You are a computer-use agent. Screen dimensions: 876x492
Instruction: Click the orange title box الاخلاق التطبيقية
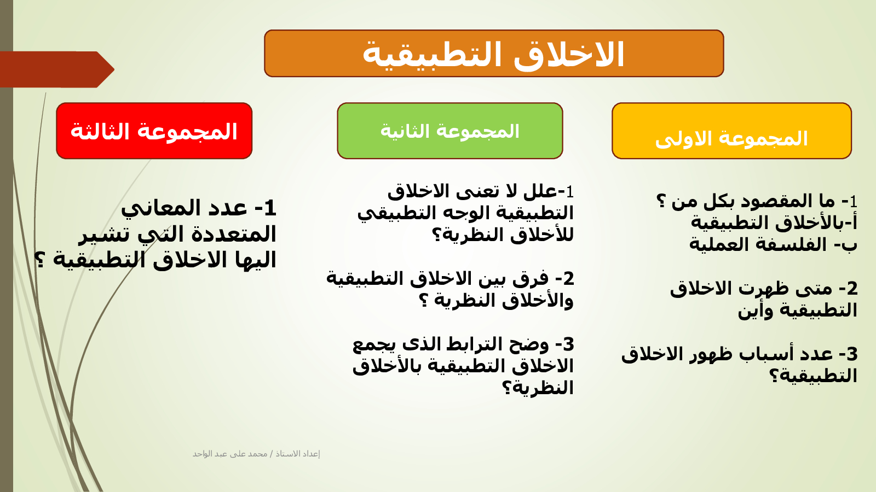point(494,53)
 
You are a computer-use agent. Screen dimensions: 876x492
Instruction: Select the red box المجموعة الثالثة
point(154,131)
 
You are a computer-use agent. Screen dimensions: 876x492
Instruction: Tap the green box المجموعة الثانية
point(449,131)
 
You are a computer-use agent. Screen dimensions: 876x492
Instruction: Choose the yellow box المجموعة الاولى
point(731,131)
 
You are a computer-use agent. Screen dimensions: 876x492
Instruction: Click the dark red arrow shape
point(57,69)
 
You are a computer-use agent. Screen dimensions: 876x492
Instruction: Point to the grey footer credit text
point(256,454)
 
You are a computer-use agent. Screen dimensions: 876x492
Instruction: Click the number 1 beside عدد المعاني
point(270,208)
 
